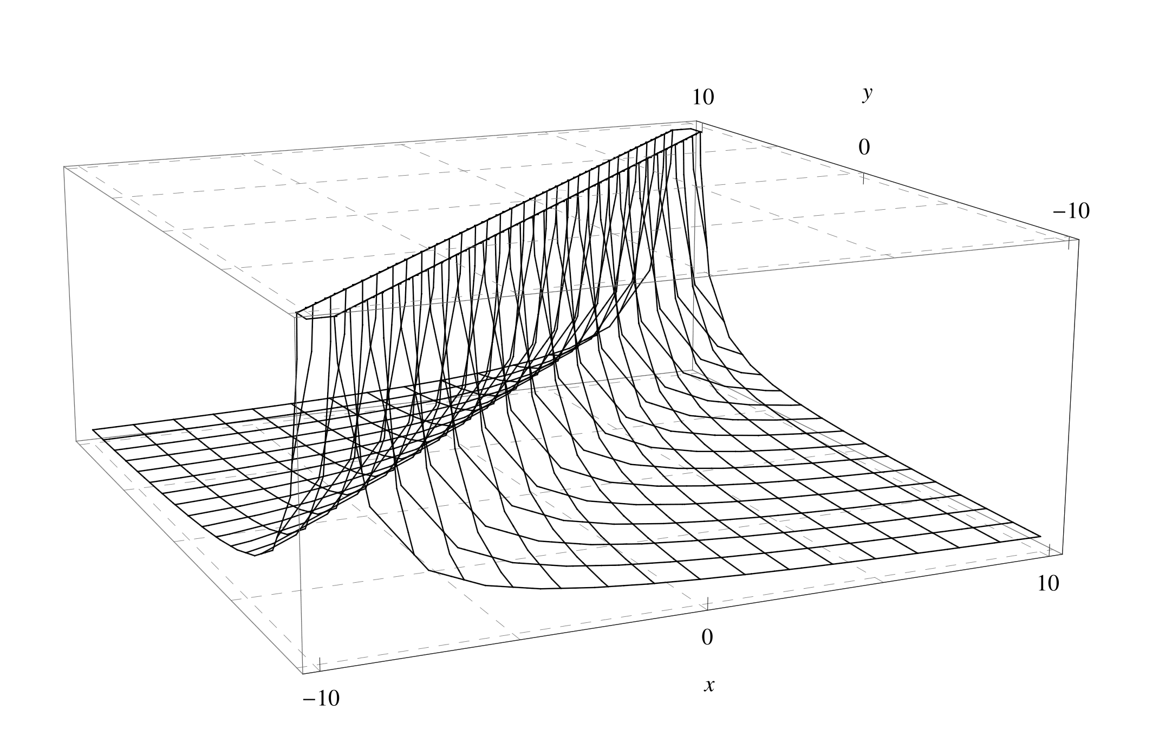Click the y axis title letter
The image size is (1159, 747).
[x=868, y=94]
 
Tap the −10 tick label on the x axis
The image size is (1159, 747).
[x=321, y=699]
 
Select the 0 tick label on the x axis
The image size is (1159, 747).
[x=707, y=637]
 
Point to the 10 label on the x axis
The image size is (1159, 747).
[x=1049, y=583]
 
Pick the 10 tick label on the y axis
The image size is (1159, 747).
[x=703, y=97]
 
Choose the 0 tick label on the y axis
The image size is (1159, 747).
[x=864, y=147]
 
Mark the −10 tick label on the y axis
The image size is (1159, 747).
[x=1071, y=211]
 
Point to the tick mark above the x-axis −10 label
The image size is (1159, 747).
[x=320, y=664]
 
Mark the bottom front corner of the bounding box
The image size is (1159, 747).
[x=302, y=674]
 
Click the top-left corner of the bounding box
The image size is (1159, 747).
[x=64, y=166]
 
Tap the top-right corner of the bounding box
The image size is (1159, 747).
[x=1078, y=238]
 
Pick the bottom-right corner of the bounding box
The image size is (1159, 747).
[x=1063, y=554]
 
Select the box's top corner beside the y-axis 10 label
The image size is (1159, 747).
[x=696, y=121]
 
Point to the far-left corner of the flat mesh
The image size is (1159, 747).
[x=93, y=430]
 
